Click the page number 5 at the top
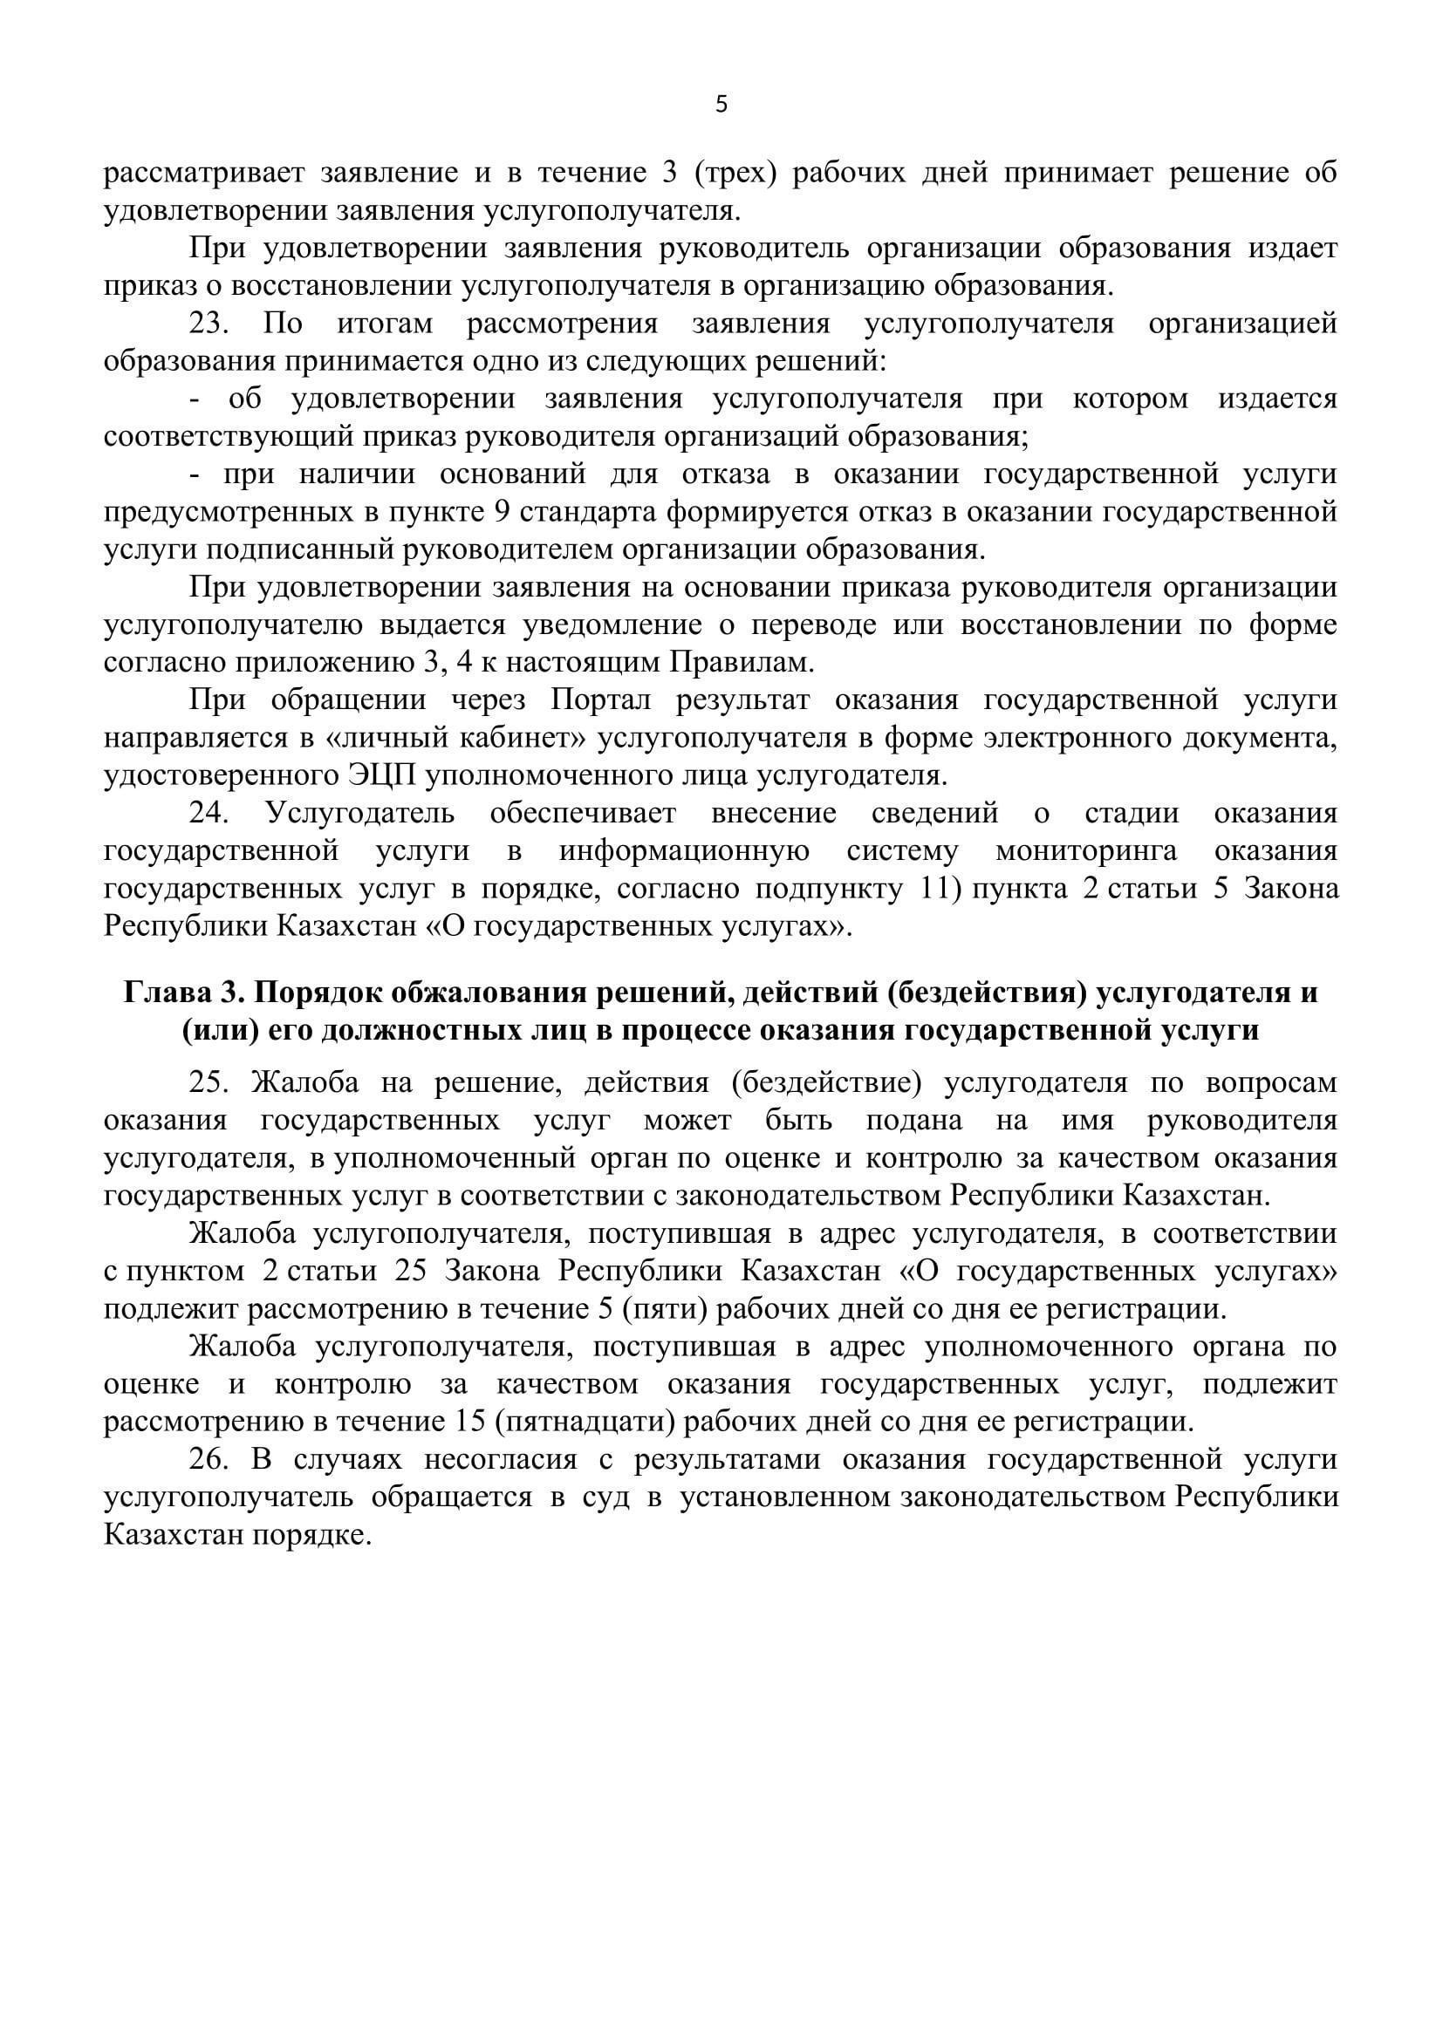[x=721, y=105]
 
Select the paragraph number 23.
[x=209, y=324]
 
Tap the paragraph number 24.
[x=209, y=814]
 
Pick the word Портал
[x=600, y=700]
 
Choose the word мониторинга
[x=1086, y=851]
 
